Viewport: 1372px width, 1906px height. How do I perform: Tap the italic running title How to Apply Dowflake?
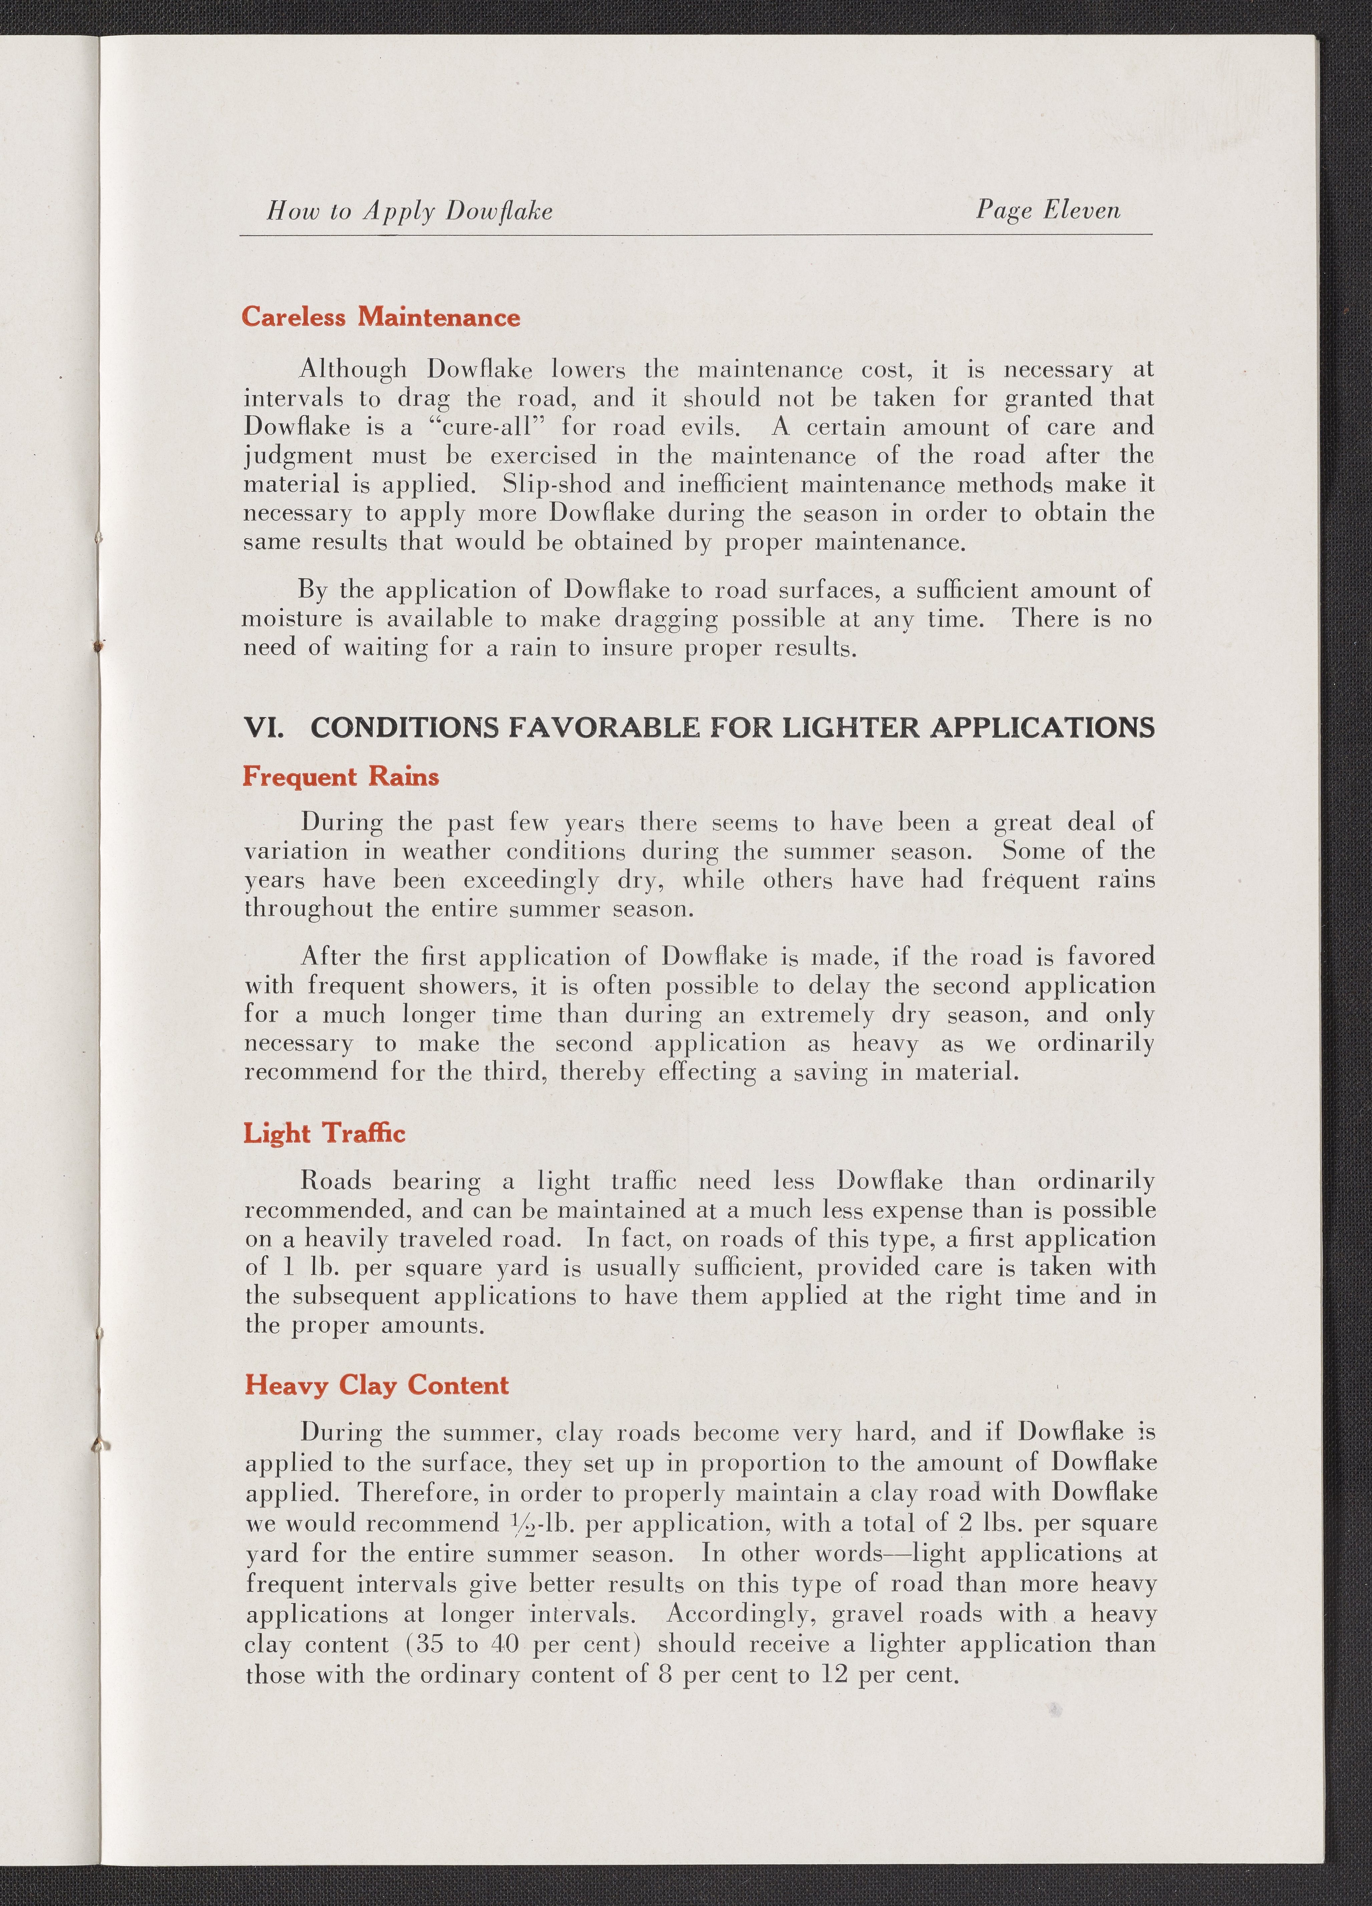point(409,211)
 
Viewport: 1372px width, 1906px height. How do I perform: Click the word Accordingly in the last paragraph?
point(740,1614)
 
